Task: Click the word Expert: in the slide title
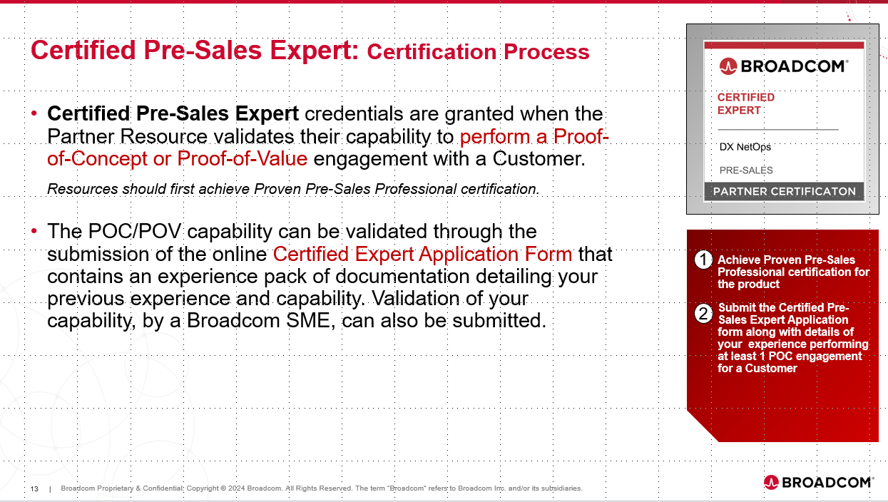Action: (x=315, y=51)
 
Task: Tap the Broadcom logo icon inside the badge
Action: (x=728, y=66)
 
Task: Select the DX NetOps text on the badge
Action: (x=745, y=147)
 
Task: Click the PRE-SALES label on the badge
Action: (x=746, y=170)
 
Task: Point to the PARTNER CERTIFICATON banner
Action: (x=784, y=191)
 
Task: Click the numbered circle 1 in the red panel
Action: (x=703, y=260)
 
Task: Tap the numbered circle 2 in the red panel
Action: (x=703, y=314)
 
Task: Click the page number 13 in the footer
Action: (x=34, y=489)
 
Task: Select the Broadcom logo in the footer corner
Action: (x=818, y=482)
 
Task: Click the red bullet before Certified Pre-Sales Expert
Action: (x=34, y=113)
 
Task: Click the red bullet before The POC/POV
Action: (x=34, y=230)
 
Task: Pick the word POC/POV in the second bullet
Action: (x=135, y=231)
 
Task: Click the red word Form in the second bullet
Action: (x=548, y=254)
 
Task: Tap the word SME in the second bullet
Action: (x=308, y=321)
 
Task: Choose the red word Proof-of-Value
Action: (x=243, y=159)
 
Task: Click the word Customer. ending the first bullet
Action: (x=539, y=159)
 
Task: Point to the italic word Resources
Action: (x=83, y=189)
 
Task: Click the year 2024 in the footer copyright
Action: (x=236, y=488)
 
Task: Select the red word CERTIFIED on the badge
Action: (x=746, y=98)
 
